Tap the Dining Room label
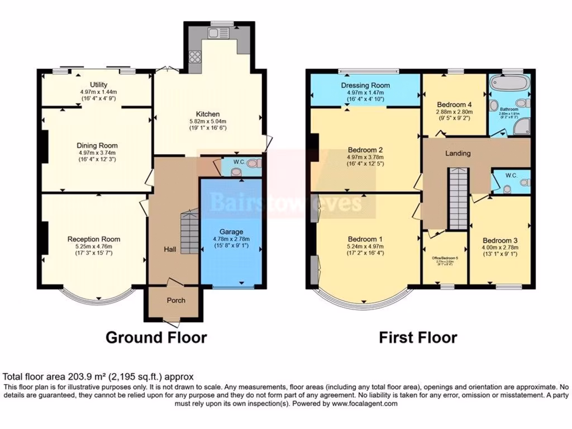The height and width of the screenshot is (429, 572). (x=97, y=145)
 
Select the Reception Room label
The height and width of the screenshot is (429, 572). (x=94, y=239)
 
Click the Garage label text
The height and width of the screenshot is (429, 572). (x=230, y=232)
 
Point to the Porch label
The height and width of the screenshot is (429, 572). (x=176, y=300)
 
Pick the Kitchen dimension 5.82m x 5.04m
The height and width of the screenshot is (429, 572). (x=207, y=122)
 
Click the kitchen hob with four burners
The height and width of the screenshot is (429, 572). (x=196, y=56)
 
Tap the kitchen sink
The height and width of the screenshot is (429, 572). (x=215, y=33)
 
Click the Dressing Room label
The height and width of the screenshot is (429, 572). (x=365, y=85)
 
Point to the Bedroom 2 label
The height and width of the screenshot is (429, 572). (x=365, y=150)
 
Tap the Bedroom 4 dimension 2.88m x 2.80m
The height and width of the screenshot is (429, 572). (x=454, y=111)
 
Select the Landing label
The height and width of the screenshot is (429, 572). (x=457, y=153)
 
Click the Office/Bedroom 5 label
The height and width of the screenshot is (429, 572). (x=445, y=258)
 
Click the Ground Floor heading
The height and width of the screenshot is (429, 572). (x=156, y=337)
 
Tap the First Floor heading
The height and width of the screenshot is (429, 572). (x=418, y=337)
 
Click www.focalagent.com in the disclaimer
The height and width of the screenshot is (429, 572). (x=364, y=403)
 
